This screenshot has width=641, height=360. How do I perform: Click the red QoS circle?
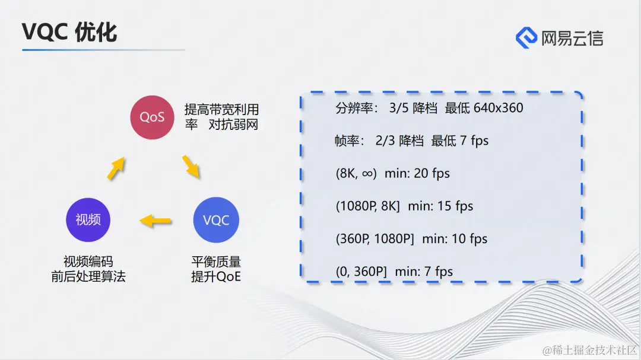coord(152,117)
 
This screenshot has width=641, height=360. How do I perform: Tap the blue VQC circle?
coord(215,220)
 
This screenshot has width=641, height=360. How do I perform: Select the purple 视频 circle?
coord(88,219)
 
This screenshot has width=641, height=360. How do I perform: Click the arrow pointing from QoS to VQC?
coord(191,167)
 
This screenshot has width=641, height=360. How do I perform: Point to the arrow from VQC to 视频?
coord(156,221)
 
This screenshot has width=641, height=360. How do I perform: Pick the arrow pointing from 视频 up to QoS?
coord(116,168)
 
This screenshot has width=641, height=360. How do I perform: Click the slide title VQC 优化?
coord(69,33)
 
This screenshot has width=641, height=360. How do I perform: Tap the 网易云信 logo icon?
coord(526,37)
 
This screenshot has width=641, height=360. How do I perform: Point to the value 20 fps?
coord(431,173)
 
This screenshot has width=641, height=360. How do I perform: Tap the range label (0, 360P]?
coord(361,271)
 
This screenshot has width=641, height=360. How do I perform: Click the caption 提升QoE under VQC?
coord(216,276)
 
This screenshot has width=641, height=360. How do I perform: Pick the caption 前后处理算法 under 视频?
coord(88,276)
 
